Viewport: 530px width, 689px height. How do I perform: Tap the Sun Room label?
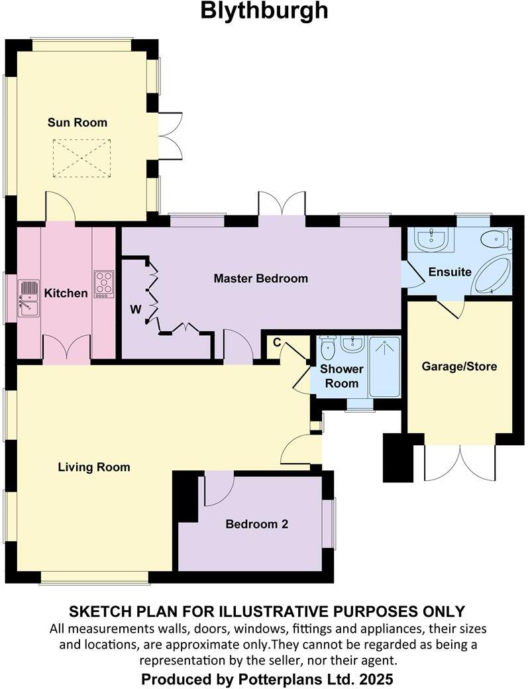(77, 123)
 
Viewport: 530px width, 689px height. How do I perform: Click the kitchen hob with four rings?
(104, 283)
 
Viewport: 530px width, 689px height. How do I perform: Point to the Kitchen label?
(66, 293)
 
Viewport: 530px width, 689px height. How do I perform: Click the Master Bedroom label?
(260, 278)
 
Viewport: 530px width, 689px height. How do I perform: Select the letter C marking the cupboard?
(278, 342)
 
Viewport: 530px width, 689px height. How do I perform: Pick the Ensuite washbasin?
(431, 240)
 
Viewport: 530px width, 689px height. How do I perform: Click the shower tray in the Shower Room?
(384, 366)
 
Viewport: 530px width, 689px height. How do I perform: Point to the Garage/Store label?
(459, 366)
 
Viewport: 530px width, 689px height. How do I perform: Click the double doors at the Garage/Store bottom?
(459, 462)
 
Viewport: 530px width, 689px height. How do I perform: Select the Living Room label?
(94, 467)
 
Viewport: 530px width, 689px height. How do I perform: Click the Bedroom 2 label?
(256, 524)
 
